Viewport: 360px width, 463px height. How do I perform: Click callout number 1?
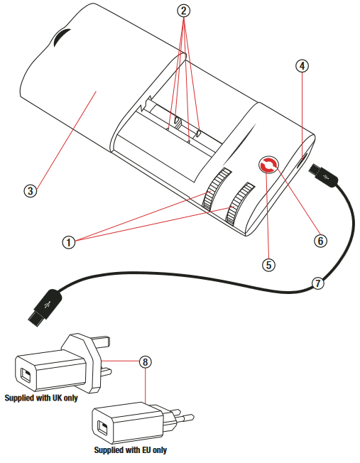(69, 241)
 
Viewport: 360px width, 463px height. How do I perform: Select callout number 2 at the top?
(184, 11)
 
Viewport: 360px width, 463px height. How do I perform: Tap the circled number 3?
(29, 190)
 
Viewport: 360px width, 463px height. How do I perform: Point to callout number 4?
(302, 66)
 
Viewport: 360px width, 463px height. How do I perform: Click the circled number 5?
(268, 264)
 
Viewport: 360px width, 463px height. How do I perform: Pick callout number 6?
(320, 240)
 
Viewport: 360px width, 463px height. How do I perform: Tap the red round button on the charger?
(269, 165)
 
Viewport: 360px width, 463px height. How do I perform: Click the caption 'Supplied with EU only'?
(131, 450)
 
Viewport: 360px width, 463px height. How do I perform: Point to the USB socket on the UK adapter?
(26, 374)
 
